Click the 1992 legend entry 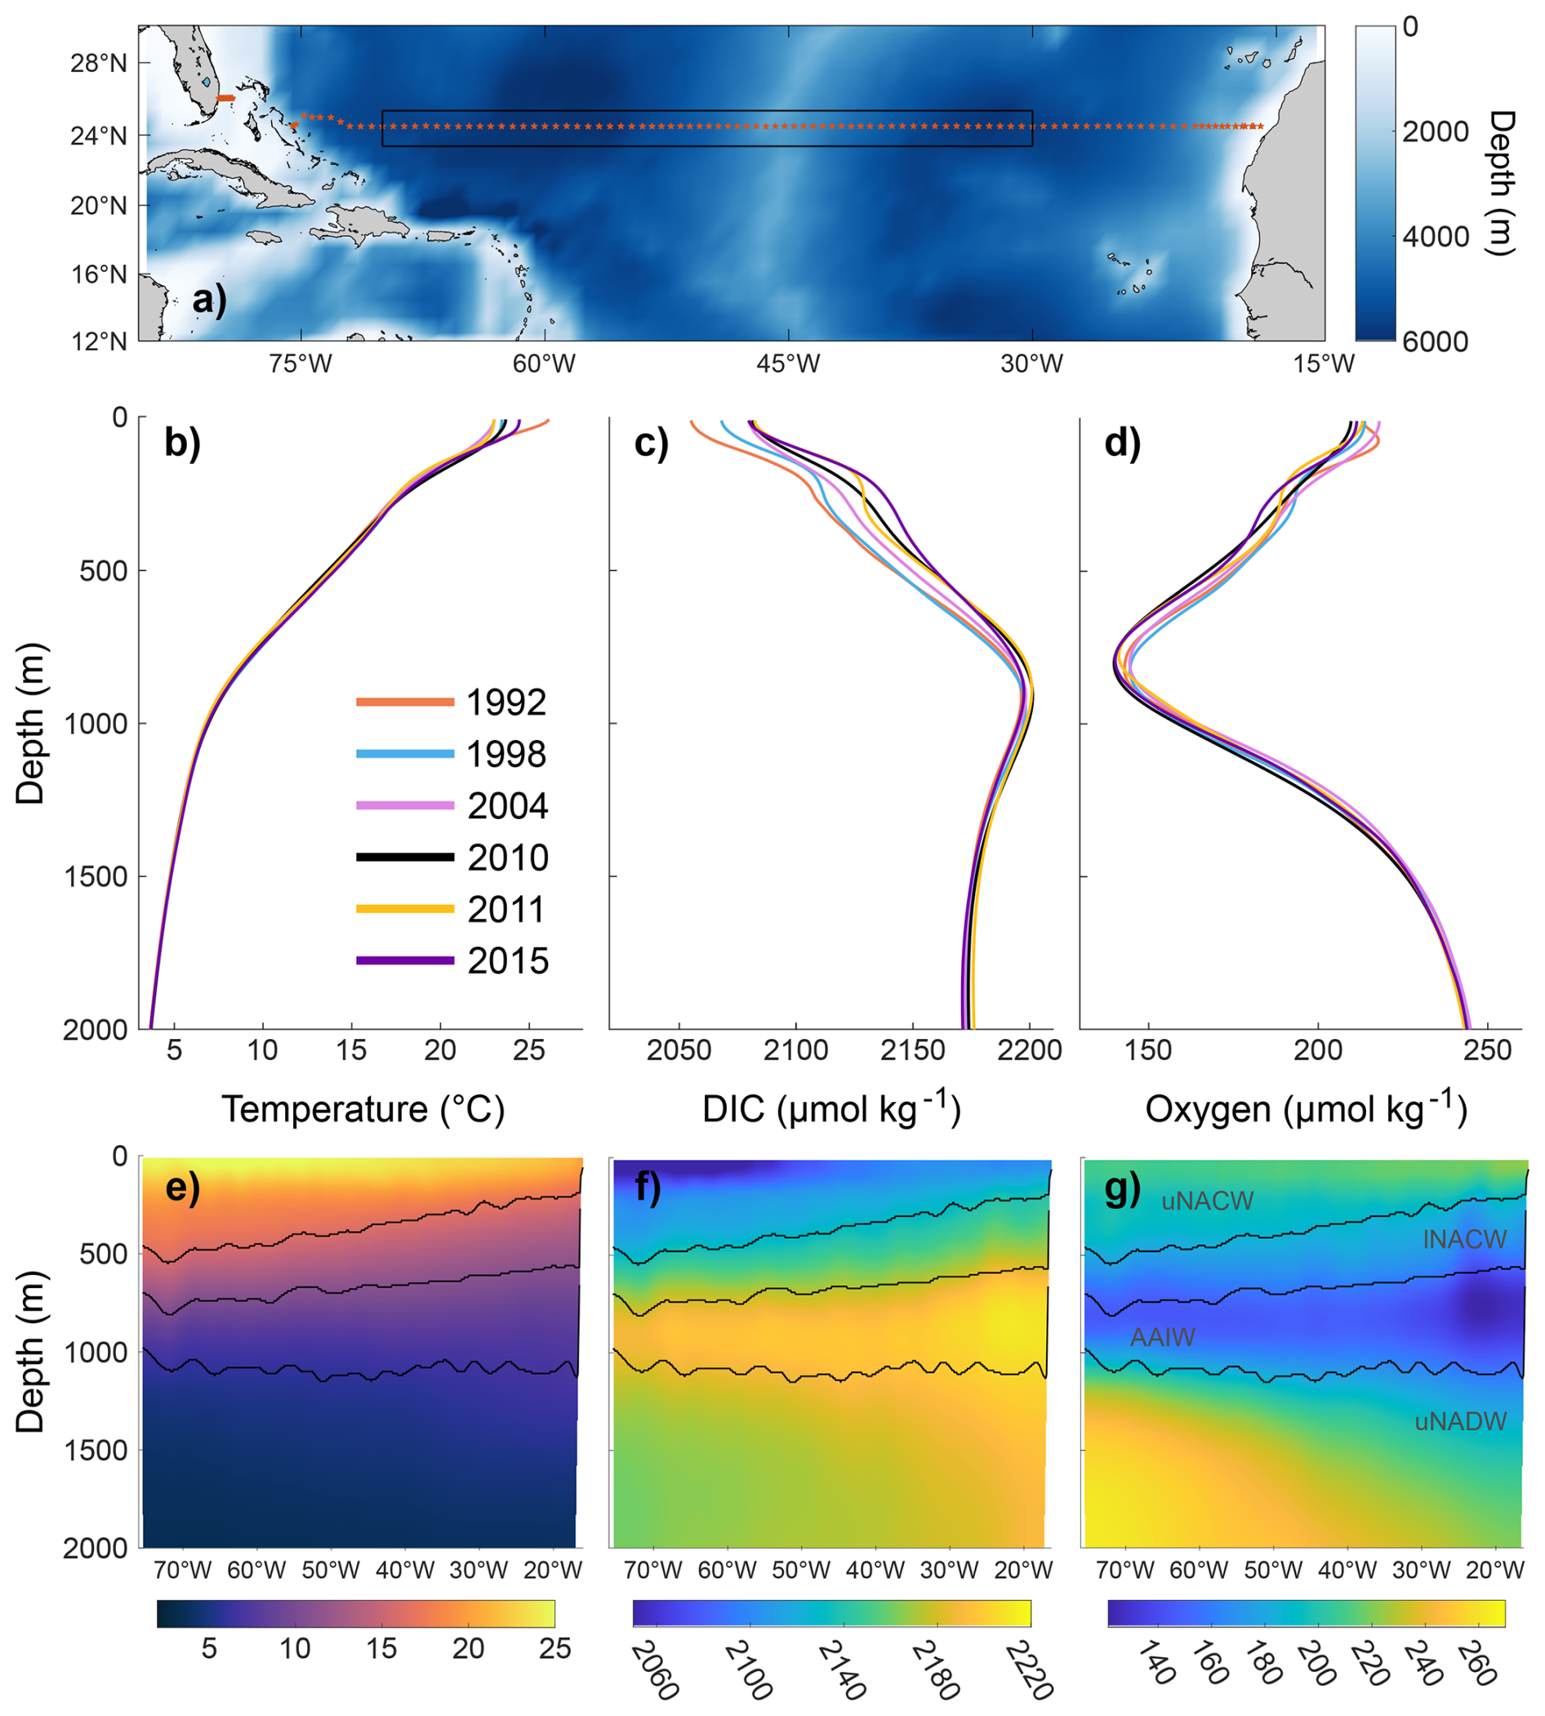[506, 702]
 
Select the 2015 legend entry [508, 961]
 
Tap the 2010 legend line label [508, 858]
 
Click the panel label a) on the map [209, 300]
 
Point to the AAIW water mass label [1162, 1337]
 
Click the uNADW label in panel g [1460, 1421]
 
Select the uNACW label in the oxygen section [1207, 1201]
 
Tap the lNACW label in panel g [1464, 1240]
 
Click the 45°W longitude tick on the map [789, 364]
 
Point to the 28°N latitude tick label [99, 64]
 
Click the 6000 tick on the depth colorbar [1435, 341]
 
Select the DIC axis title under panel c [831, 1109]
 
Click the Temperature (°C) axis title [363, 1109]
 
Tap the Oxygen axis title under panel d [1306, 1109]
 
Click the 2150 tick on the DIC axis [913, 1050]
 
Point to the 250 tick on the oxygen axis [1487, 1050]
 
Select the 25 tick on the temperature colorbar [554, 1648]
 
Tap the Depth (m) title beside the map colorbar [1501, 183]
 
